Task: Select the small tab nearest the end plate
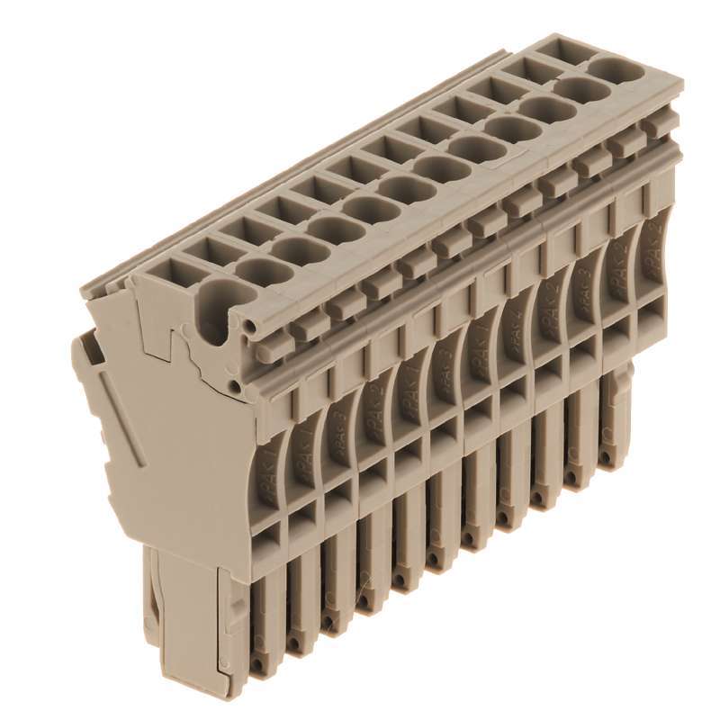(274, 341)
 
